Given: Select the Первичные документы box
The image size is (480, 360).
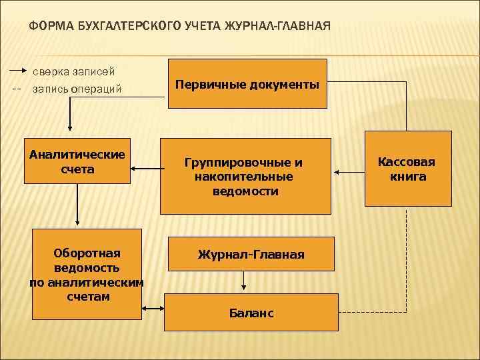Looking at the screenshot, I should (247, 84).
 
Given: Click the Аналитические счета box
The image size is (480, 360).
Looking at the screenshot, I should (77, 161).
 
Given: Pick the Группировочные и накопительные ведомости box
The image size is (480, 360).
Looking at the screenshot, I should (246, 176).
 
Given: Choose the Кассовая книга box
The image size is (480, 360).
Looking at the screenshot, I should (407, 169).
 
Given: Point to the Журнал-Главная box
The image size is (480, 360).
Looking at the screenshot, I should (251, 254).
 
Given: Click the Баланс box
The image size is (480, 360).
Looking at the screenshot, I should (251, 312).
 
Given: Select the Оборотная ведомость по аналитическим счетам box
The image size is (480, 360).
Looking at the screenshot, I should (87, 274).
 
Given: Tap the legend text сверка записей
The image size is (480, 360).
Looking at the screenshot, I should (74, 71).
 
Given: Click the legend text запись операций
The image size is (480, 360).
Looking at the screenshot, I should (77, 89).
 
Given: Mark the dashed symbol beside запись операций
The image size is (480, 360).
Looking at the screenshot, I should (17, 89).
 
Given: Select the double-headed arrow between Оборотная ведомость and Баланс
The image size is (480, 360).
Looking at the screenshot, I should (153, 308).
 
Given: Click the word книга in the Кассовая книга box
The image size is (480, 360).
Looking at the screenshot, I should (407, 177).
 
